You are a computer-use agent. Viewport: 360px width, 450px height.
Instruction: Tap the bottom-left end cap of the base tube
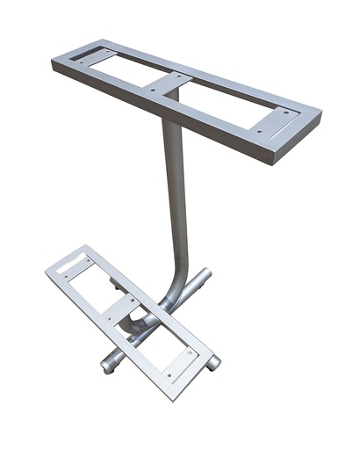click(106, 362)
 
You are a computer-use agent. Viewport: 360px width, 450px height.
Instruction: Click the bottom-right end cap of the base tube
click(213, 362)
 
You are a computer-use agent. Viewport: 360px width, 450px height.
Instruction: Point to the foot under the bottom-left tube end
click(108, 371)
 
